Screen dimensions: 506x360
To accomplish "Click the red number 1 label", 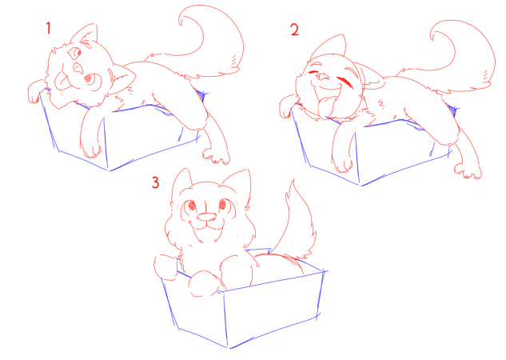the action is (x=49, y=28).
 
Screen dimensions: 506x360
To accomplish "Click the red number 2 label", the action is (x=295, y=30).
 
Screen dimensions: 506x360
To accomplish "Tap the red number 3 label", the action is (x=156, y=182).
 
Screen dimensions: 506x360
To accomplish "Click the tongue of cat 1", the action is (x=62, y=82).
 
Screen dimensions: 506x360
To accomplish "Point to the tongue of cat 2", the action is (x=325, y=106).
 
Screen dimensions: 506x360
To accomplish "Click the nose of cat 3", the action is (x=207, y=218).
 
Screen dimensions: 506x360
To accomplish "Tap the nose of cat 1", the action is (x=78, y=67).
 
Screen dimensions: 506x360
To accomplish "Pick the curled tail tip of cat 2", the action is (x=434, y=36).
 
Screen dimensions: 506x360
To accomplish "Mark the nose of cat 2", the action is (x=321, y=77).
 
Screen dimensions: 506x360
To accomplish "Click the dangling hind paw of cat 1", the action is (x=216, y=156).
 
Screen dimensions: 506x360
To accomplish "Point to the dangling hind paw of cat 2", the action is (x=468, y=171).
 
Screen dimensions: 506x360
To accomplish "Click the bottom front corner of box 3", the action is (x=229, y=348).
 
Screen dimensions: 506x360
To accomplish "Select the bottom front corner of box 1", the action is (x=109, y=170).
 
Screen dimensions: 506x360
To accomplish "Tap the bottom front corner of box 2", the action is (x=361, y=186).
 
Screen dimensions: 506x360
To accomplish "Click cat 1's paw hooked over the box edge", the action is (x=34, y=92).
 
